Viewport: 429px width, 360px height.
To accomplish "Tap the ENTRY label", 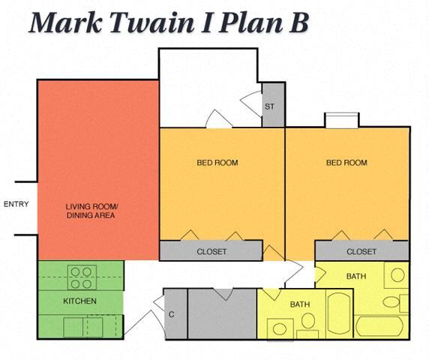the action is (16, 204).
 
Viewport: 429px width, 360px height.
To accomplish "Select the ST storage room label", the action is (269, 106).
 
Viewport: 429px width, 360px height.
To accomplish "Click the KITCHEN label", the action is (80, 301).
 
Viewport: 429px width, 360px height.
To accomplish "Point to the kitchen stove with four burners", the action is (82, 277).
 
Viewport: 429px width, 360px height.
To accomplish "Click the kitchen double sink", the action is (83, 327).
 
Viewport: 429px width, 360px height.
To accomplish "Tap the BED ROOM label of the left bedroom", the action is (217, 163).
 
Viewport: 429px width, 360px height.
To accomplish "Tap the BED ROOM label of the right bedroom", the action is (346, 163).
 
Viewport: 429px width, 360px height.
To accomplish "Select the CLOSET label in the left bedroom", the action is (211, 252).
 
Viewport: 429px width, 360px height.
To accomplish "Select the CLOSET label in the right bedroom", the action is (361, 252).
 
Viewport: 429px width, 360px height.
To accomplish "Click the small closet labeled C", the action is (175, 314).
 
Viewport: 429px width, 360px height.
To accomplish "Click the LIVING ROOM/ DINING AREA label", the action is (91, 211).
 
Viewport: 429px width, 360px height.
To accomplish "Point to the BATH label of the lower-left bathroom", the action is (300, 304).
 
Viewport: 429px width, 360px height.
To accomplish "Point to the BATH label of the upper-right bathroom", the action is (356, 276).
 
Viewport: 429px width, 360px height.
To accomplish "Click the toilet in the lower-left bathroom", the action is (308, 325).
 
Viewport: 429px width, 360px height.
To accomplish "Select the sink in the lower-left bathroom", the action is (280, 328).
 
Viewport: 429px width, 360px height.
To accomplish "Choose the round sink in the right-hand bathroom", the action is (397, 274).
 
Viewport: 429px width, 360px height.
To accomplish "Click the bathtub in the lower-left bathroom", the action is (339, 314).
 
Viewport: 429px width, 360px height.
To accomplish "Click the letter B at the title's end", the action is (298, 22).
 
